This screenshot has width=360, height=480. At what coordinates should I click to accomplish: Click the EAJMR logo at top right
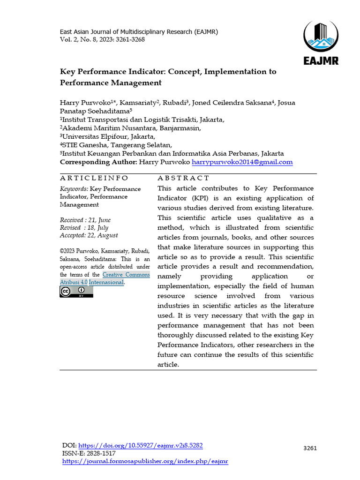[321, 42]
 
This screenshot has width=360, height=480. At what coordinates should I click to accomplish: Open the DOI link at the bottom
[140, 446]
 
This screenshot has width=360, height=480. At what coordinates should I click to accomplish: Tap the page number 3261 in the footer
[310, 448]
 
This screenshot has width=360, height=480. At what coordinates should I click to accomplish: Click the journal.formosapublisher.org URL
[145, 461]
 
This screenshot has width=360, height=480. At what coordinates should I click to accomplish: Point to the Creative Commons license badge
[76, 292]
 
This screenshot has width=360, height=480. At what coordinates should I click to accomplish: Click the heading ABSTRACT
[183, 178]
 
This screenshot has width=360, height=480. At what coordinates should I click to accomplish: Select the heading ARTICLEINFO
[94, 178]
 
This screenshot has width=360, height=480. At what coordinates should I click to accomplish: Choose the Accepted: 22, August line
[89, 235]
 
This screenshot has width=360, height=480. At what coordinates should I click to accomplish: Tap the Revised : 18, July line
[84, 228]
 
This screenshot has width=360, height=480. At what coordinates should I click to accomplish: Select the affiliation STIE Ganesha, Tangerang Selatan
[116, 145]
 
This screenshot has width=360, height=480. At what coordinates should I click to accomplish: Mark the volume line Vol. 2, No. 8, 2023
[102, 39]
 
